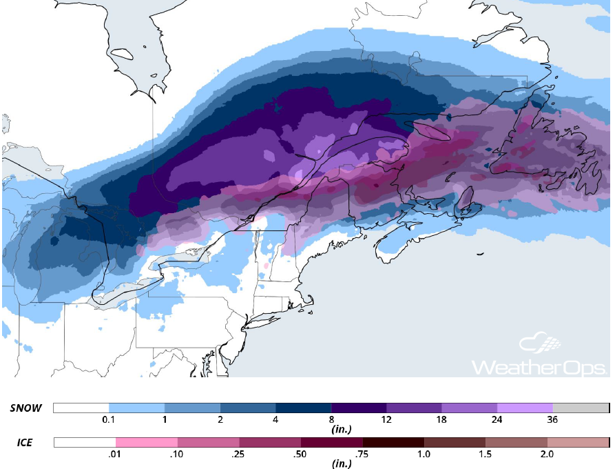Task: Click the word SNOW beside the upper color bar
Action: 26,408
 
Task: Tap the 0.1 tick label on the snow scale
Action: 109,420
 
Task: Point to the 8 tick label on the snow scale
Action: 331,420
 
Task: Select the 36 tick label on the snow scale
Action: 552,420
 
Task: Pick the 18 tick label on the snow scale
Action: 441,420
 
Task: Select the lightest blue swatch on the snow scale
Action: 136,408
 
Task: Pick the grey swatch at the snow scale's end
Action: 581,408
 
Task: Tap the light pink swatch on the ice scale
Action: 146,441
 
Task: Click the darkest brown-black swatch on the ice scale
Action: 393,441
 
